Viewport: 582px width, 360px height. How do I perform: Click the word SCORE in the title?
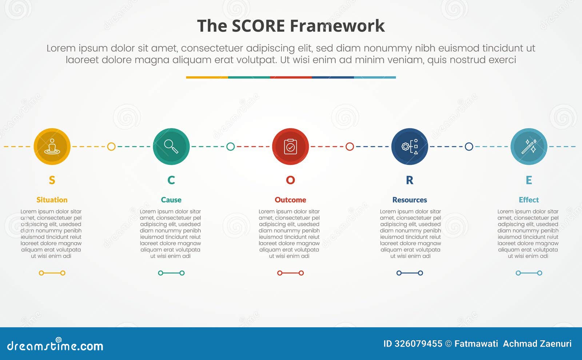tap(258, 26)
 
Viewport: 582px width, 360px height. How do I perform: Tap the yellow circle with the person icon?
tap(52, 147)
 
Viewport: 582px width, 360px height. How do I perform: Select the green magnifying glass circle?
tap(171, 147)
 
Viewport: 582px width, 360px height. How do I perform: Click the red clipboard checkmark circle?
tap(290, 147)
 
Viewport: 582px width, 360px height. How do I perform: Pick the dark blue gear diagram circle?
tap(410, 147)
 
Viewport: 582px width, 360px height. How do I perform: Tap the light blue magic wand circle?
tap(529, 147)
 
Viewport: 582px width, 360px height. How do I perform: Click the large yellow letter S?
tap(52, 180)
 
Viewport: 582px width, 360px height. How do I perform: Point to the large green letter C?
tap(171, 180)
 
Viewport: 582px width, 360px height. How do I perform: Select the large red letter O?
tap(290, 180)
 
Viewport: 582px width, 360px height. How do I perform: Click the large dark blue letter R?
tap(410, 180)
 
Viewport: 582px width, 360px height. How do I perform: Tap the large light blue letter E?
tap(529, 180)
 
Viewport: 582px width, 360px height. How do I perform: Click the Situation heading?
tap(52, 200)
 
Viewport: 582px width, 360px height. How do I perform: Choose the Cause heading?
tap(171, 200)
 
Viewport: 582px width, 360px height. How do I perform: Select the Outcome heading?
tap(290, 200)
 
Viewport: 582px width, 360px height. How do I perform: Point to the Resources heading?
tap(410, 200)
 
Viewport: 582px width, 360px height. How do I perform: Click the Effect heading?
tap(529, 200)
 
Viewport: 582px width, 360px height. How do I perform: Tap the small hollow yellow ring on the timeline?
tap(111, 147)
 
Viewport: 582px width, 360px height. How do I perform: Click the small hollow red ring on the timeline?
tap(350, 147)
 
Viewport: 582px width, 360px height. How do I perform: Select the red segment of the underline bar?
tap(291, 77)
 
